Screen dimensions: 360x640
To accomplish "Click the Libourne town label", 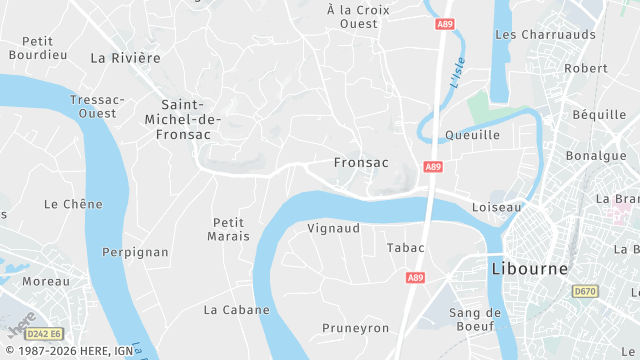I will [x=530, y=269].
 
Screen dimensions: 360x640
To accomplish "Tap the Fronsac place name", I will [x=360, y=161].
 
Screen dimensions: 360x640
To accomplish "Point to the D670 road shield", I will [x=585, y=291].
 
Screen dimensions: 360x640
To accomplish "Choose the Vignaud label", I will [x=333, y=228].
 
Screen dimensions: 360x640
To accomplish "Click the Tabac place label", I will [x=405, y=247].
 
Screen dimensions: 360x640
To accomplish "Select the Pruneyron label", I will [x=355, y=328].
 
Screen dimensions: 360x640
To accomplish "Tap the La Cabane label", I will [x=236, y=310].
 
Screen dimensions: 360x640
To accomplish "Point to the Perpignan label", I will [x=135, y=252].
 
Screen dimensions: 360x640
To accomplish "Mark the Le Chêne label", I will [x=73, y=204].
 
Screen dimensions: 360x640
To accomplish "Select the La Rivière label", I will [x=125, y=58].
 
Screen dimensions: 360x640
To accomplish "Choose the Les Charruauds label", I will [x=545, y=34].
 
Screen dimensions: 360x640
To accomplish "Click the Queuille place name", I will [x=472, y=135].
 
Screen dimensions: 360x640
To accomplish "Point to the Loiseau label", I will [x=496, y=207].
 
